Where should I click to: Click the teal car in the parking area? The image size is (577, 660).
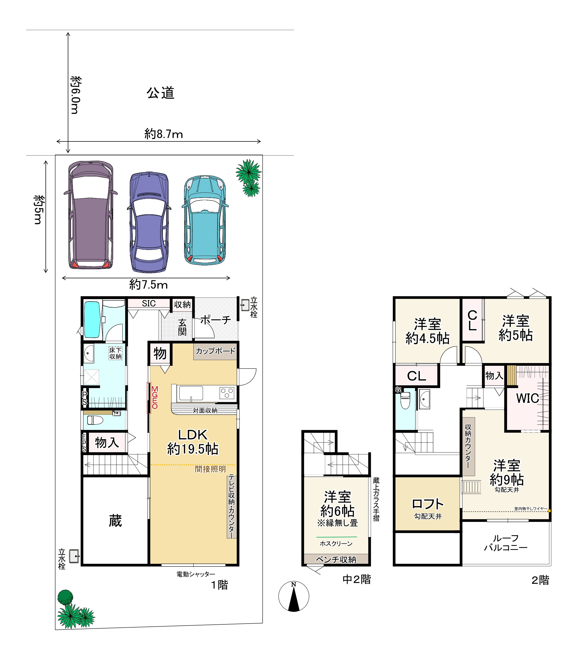205,220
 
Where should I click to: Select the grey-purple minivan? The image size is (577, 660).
91,215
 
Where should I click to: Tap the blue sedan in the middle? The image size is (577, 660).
149,222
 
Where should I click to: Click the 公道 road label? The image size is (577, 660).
160,93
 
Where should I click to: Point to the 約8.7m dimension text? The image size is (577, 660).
164,134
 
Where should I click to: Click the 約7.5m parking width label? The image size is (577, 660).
148,285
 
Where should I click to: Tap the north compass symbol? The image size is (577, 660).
294,596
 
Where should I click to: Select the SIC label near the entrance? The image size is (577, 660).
149,303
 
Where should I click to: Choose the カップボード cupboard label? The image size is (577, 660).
215,351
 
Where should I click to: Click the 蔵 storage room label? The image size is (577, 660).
115,520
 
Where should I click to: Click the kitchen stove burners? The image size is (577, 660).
227,393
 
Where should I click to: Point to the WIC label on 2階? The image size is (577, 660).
528,398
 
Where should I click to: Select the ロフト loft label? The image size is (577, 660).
428,504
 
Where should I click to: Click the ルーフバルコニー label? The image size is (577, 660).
506,543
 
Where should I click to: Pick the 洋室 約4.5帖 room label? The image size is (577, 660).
427,331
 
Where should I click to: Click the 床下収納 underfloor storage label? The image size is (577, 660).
115,353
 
